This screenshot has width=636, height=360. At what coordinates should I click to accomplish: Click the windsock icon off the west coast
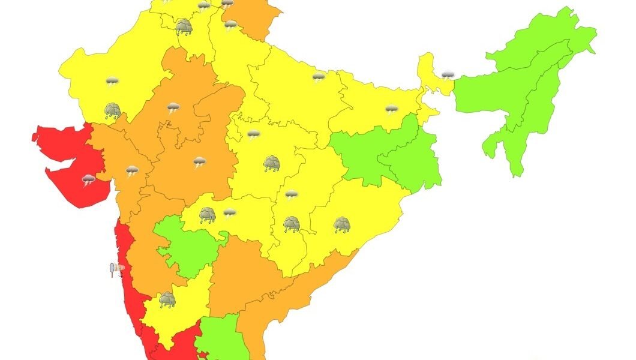[115, 269]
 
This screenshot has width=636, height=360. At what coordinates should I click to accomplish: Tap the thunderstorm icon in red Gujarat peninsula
[89, 179]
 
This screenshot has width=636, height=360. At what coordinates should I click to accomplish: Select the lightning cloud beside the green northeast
[448, 75]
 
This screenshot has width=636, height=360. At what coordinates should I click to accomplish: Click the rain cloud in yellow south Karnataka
[167, 299]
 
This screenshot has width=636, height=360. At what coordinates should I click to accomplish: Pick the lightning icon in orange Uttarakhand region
[231, 25]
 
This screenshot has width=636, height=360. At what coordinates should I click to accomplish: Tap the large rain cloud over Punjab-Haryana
[184, 26]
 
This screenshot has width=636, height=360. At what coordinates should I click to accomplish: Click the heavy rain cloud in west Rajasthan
[113, 110]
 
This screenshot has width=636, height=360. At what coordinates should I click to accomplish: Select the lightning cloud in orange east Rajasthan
[173, 108]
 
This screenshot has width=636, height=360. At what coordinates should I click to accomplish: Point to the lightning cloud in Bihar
[391, 109]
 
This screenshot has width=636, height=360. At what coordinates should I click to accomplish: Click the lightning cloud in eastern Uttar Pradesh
[319, 77]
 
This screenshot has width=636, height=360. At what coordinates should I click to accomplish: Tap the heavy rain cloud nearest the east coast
[342, 225]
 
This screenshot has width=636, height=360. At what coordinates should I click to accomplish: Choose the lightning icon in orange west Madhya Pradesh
[199, 161]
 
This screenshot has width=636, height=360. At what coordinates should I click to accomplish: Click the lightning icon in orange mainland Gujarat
[132, 170]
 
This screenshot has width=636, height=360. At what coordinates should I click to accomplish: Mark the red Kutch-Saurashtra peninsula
[66, 159]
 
